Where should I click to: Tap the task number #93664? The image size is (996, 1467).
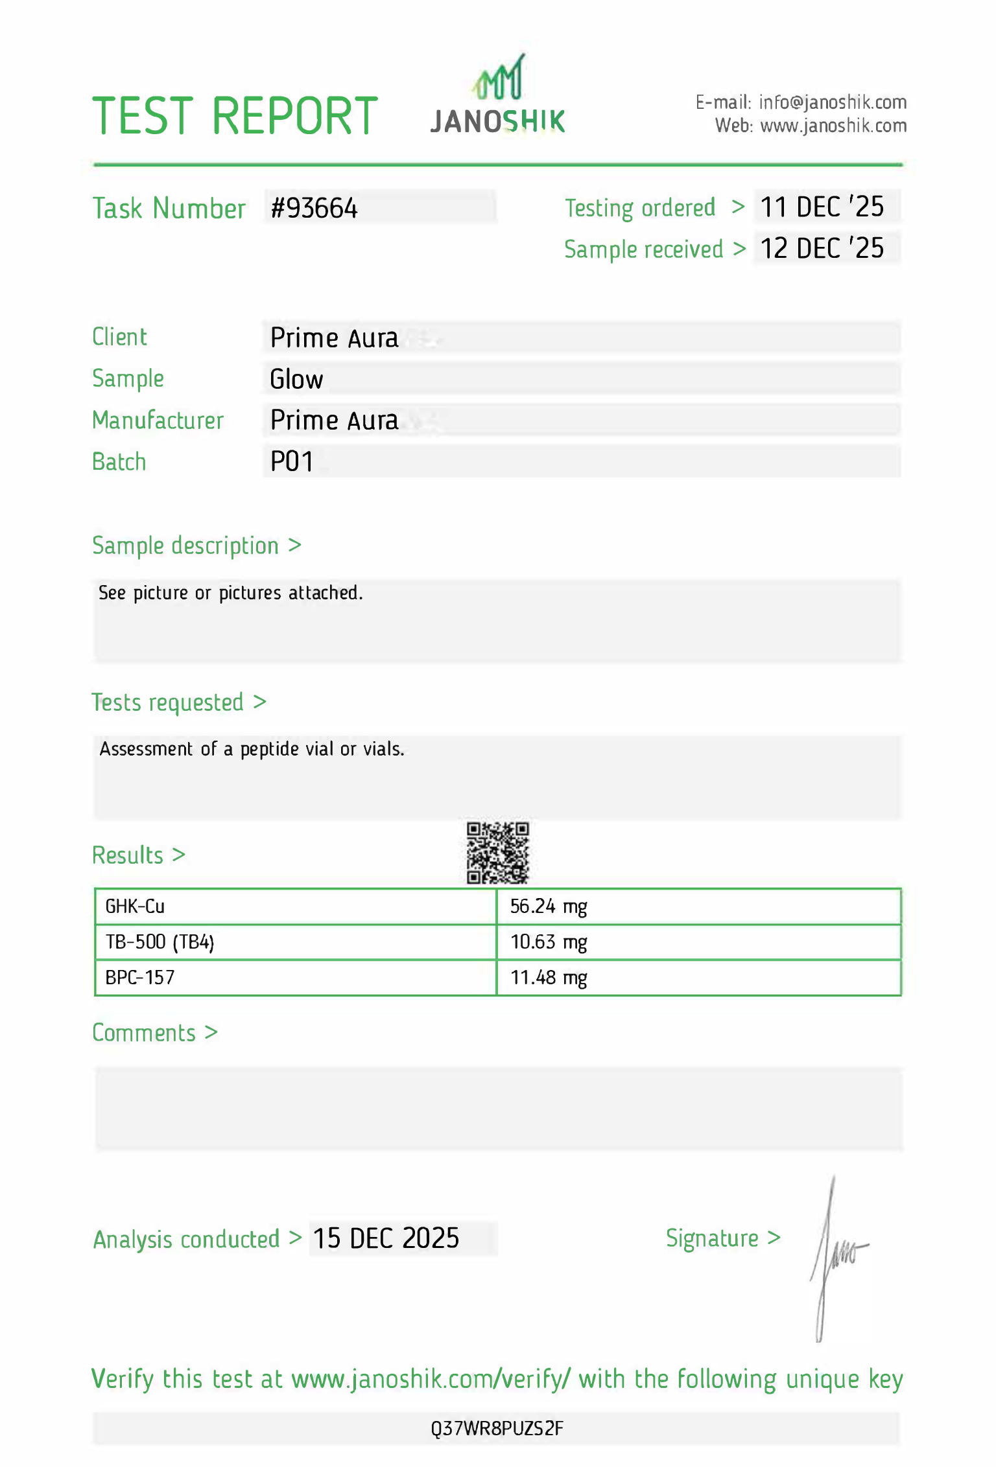pos(314,208)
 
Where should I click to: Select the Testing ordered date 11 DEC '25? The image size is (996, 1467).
pos(822,207)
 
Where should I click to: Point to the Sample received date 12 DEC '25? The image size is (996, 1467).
pos(822,249)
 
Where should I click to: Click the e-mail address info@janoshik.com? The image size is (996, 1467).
pos(833,102)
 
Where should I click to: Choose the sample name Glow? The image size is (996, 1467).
pos(296,379)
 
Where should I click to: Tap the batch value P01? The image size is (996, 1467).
pos(292,462)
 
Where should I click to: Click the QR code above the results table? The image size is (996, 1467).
pos(498,853)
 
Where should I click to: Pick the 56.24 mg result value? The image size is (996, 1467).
pos(549,906)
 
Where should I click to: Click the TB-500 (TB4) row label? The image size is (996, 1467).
pos(160,941)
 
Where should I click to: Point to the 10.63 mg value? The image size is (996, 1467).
pos(549,941)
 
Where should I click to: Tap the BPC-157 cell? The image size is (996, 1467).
pos(140,977)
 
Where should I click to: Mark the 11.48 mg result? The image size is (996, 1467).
pos(549,977)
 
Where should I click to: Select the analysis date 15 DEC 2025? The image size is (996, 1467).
pos(386,1238)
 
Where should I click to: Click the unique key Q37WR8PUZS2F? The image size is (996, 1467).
pos(497,1428)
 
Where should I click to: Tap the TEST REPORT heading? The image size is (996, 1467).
pos(235,117)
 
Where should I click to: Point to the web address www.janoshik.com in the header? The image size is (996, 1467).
pos(833,126)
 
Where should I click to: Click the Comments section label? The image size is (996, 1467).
pos(144,1033)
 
